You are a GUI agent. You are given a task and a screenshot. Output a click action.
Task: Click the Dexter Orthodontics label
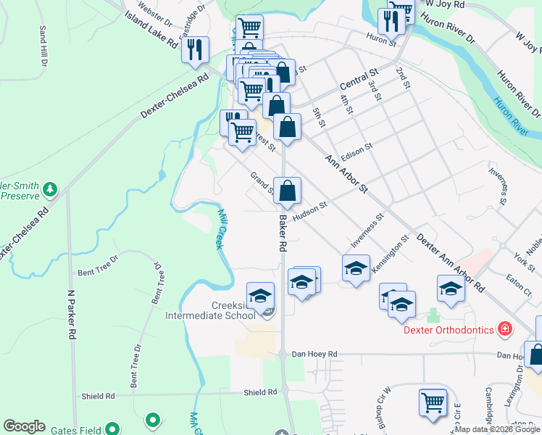[449, 330]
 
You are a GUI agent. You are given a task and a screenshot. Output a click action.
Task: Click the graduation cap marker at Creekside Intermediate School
[260, 296]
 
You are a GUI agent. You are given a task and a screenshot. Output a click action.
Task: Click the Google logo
[24, 426]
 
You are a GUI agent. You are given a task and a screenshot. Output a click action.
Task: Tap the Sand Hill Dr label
[43, 46]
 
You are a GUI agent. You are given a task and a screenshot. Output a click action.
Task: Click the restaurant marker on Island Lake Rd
[195, 50]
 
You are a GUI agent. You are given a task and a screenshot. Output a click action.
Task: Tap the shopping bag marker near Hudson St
[288, 191]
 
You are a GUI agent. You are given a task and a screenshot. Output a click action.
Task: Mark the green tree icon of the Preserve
[49, 190]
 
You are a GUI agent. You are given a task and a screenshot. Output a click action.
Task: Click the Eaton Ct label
[519, 279]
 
